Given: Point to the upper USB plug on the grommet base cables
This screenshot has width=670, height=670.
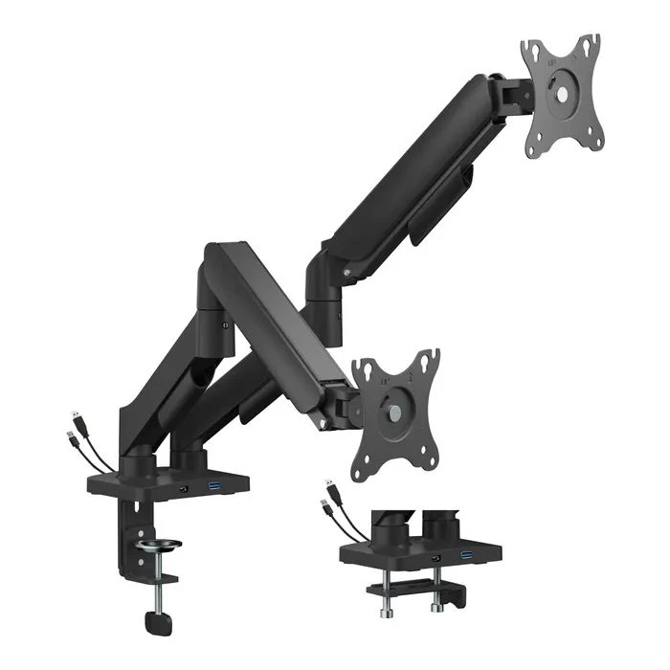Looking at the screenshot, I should (328, 484).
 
